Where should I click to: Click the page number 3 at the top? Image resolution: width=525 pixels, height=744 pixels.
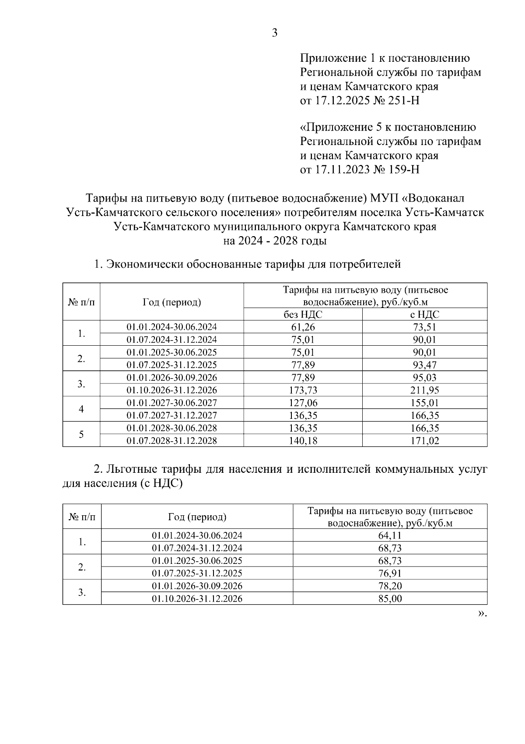click(275, 33)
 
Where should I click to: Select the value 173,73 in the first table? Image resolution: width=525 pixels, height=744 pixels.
click(303, 390)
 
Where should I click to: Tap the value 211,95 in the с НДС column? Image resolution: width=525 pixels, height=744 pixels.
click(424, 390)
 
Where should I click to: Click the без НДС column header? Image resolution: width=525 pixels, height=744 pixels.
click(303, 315)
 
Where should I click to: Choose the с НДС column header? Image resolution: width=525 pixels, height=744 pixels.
click(424, 315)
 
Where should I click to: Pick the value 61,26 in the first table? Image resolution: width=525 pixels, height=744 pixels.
click(303, 327)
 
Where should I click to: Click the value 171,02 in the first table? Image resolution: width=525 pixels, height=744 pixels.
click(424, 441)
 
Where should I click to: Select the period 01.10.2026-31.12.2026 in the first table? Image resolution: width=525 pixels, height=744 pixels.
click(171, 390)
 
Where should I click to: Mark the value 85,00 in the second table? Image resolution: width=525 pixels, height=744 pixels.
click(390, 599)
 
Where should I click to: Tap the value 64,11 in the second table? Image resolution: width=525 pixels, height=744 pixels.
click(390, 535)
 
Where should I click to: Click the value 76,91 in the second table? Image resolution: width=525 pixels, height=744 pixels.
click(390, 574)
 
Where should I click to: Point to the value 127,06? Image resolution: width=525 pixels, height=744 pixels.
click(303, 403)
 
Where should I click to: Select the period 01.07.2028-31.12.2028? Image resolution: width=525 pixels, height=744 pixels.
click(171, 441)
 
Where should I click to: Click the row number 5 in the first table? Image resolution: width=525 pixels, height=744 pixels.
click(81, 434)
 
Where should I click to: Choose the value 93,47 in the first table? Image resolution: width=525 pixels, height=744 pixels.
click(424, 365)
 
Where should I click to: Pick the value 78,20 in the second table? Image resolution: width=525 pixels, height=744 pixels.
click(390, 586)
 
